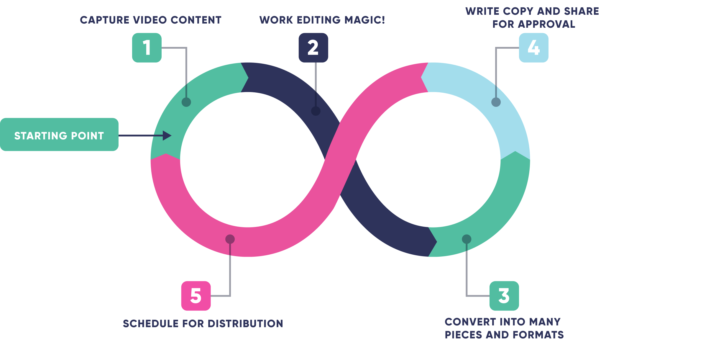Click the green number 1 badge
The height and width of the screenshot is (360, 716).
click(147, 48)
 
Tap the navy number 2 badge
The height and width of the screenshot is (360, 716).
click(313, 48)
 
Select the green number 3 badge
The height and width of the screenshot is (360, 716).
click(504, 296)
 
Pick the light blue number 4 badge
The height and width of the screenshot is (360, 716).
click(533, 48)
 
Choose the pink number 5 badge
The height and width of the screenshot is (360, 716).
click(196, 296)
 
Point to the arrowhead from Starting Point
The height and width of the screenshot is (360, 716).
click(167, 135)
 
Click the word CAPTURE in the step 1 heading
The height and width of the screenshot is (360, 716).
click(104, 20)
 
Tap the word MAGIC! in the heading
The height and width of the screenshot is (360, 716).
click(365, 20)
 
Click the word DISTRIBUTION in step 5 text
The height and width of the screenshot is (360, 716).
click(245, 324)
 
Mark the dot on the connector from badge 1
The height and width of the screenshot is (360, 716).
click(186, 102)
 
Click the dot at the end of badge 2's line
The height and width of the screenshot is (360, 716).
click(316, 111)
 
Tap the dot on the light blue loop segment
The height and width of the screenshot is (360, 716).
click(496, 102)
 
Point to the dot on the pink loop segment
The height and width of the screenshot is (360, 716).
click(230, 239)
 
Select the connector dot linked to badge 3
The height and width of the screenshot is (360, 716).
click(467, 239)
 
